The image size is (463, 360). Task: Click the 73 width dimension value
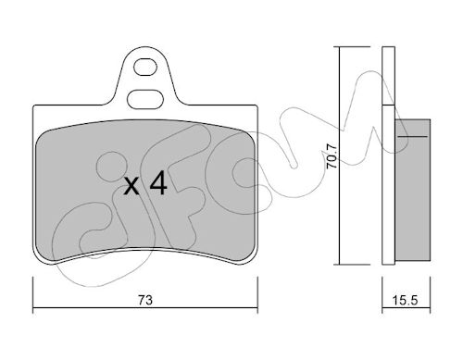click(x=145, y=300)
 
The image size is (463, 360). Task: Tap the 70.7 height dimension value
click(x=332, y=156)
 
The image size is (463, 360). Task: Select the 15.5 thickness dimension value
click(x=406, y=300)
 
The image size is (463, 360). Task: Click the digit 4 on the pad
click(x=158, y=183)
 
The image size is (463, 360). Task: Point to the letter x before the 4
click(x=131, y=187)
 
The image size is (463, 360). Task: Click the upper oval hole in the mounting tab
click(x=145, y=67)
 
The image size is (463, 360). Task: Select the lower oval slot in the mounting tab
click(x=145, y=99)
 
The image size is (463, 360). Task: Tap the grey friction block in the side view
click(x=413, y=190)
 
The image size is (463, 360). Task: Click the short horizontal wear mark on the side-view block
click(x=413, y=136)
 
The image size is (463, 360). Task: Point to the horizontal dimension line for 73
click(x=145, y=307)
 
